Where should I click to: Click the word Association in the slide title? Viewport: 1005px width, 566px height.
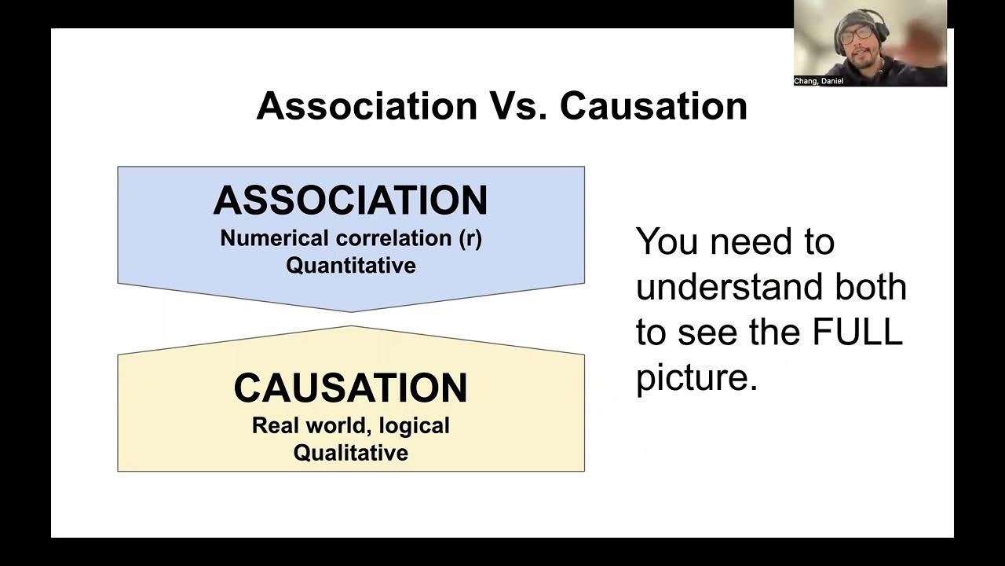pos(366,106)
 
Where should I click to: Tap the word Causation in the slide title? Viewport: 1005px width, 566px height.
pos(653,106)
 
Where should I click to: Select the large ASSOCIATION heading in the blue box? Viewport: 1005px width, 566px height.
pos(350,201)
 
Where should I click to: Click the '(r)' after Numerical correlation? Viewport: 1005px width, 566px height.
pos(470,238)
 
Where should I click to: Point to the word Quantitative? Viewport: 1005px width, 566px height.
pos(350,265)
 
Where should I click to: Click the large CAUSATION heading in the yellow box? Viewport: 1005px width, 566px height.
pos(350,388)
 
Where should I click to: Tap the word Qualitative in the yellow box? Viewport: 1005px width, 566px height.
pos(350,453)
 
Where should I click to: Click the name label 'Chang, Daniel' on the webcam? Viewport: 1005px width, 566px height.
pos(818,81)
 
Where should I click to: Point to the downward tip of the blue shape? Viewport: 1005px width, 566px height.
pos(351,311)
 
